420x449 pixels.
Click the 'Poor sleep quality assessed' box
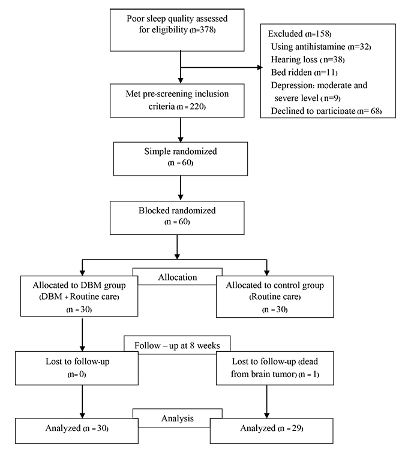pos(177,30)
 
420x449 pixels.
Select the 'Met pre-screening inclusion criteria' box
pos(177,101)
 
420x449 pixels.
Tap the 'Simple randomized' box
pos(181,159)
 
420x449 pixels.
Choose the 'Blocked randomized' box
pos(177,218)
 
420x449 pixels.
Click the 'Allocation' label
pos(178,277)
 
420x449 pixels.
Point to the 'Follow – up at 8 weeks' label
pos(177,345)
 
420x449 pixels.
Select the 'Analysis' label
pos(178,418)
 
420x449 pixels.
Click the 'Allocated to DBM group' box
pos(79,296)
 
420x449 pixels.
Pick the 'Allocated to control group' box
pos(275,296)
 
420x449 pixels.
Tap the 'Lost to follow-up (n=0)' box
pos(77,368)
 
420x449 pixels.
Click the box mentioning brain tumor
pos(275,368)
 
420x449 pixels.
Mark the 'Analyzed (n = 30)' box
pos(77,430)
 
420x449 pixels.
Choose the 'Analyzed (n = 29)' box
pos(271,430)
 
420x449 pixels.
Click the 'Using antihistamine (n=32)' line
pos(321,46)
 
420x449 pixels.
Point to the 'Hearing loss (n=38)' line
pos(308,59)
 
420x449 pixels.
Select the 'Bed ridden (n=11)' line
pos(304,72)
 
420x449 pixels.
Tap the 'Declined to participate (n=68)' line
pos(326,111)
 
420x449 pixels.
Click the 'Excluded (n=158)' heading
pos(299,34)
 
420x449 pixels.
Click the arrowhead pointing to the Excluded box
pos(260,68)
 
